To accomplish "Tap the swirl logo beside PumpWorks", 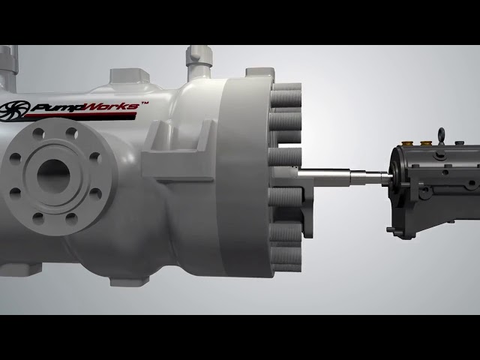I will [x=14, y=108].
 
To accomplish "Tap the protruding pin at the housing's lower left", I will [x=391, y=229].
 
